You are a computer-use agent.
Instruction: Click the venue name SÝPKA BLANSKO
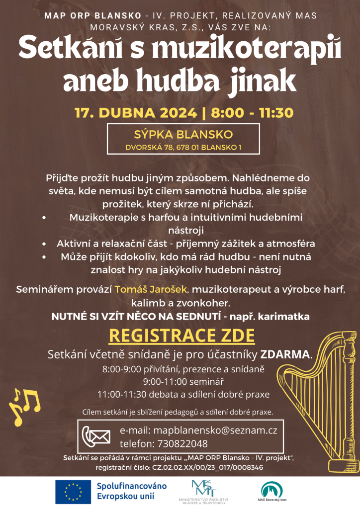(184, 135)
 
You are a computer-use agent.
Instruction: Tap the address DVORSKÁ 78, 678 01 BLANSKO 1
(184, 147)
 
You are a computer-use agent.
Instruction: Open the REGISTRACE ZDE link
(181, 336)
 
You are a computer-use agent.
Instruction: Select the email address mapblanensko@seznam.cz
(216, 430)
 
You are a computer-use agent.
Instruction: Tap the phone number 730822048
(182, 444)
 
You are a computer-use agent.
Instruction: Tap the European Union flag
(73, 492)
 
